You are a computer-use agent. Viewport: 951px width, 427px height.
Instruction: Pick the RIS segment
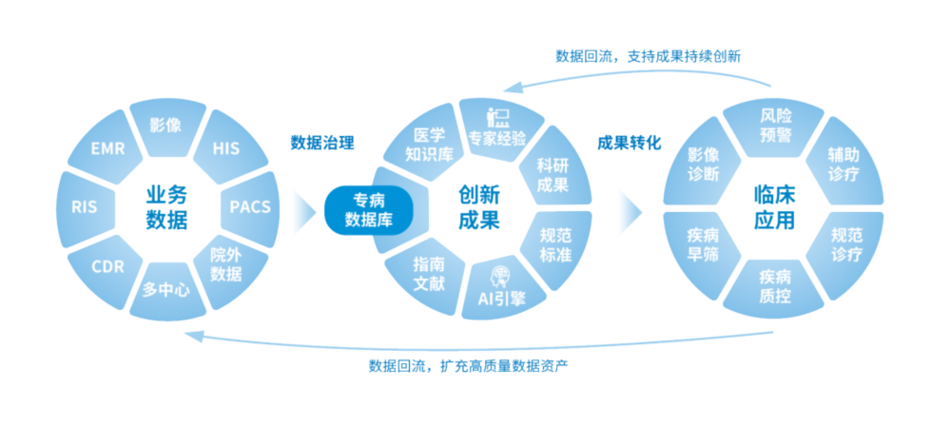(83, 206)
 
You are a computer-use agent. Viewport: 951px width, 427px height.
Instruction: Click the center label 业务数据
(166, 208)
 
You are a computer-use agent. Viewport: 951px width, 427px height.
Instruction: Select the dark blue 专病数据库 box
(369, 210)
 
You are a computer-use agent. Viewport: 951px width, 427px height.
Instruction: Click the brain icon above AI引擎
(500, 277)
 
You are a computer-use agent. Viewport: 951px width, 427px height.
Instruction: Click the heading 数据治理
(322, 144)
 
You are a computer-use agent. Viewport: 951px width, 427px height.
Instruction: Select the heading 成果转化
(629, 144)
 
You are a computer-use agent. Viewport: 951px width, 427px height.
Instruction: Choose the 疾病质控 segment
(775, 287)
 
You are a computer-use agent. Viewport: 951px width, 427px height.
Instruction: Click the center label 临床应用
(774, 208)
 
